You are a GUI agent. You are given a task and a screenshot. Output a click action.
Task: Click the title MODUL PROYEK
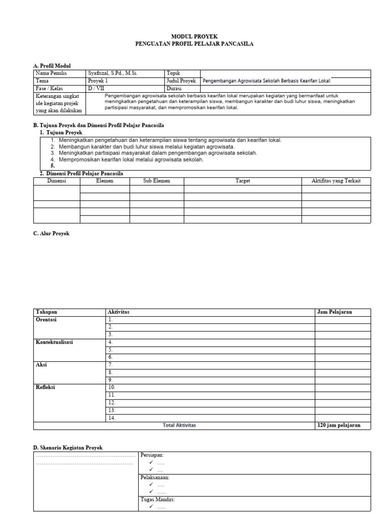click(x=194, y=37)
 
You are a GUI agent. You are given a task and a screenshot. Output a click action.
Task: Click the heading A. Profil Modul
click(x=52, y=66)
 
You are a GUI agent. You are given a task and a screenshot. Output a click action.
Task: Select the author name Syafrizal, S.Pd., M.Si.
click(x=112, y=73)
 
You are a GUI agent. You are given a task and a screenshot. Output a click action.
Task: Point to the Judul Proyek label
click(x=181, y=81)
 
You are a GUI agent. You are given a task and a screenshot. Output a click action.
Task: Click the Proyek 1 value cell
click(x=98, y=81)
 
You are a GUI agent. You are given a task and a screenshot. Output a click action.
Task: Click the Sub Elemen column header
click(x=157, y=181)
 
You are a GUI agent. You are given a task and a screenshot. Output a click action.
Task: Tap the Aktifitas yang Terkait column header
click(x=336, y=181)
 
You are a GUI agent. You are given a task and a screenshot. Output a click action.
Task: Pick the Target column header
click(x=243, y=181)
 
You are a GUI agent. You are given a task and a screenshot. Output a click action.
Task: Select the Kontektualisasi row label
click(x=54, y=342)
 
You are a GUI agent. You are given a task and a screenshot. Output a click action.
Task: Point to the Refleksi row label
click(x=46, y=388)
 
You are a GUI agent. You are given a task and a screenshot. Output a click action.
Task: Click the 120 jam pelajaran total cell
click(x=339, y=425)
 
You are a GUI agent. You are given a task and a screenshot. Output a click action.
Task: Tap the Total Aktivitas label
click(x=179, y=425)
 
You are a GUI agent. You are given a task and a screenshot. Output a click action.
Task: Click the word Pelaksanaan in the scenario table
click(x=154, y=477)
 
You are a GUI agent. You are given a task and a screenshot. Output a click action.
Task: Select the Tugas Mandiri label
click(x=157, y=500)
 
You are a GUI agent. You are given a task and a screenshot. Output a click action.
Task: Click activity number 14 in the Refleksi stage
click(x=112, y=418)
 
